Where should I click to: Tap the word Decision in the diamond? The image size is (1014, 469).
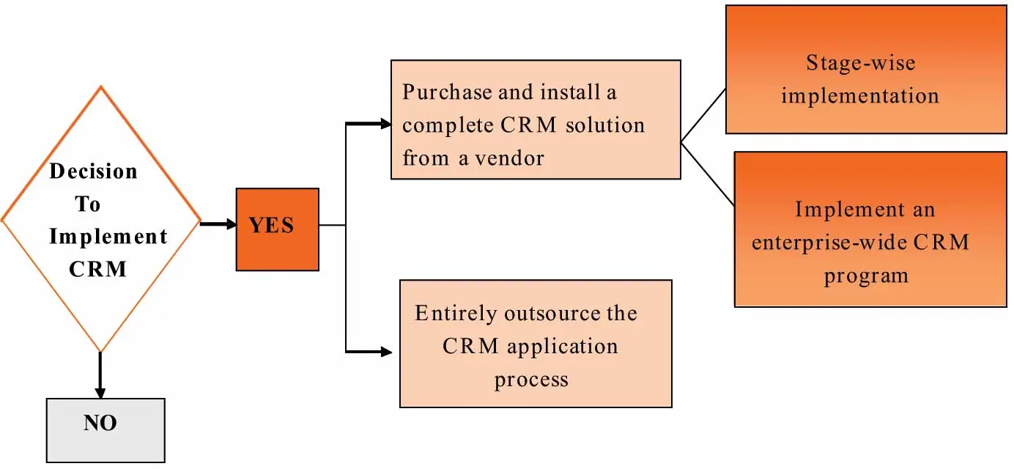93,171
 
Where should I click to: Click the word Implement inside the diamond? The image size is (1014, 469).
108,237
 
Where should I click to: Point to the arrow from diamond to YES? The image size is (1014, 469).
217,224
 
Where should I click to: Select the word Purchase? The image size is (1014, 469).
448,94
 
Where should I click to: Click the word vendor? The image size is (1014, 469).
510,158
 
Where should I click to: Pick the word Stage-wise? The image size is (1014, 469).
860,63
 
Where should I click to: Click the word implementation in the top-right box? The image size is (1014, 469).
860,96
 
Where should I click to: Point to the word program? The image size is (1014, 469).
866,276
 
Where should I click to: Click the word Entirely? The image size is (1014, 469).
456,314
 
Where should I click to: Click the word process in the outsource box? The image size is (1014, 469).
531,379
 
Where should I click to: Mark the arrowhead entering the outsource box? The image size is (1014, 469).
387,352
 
